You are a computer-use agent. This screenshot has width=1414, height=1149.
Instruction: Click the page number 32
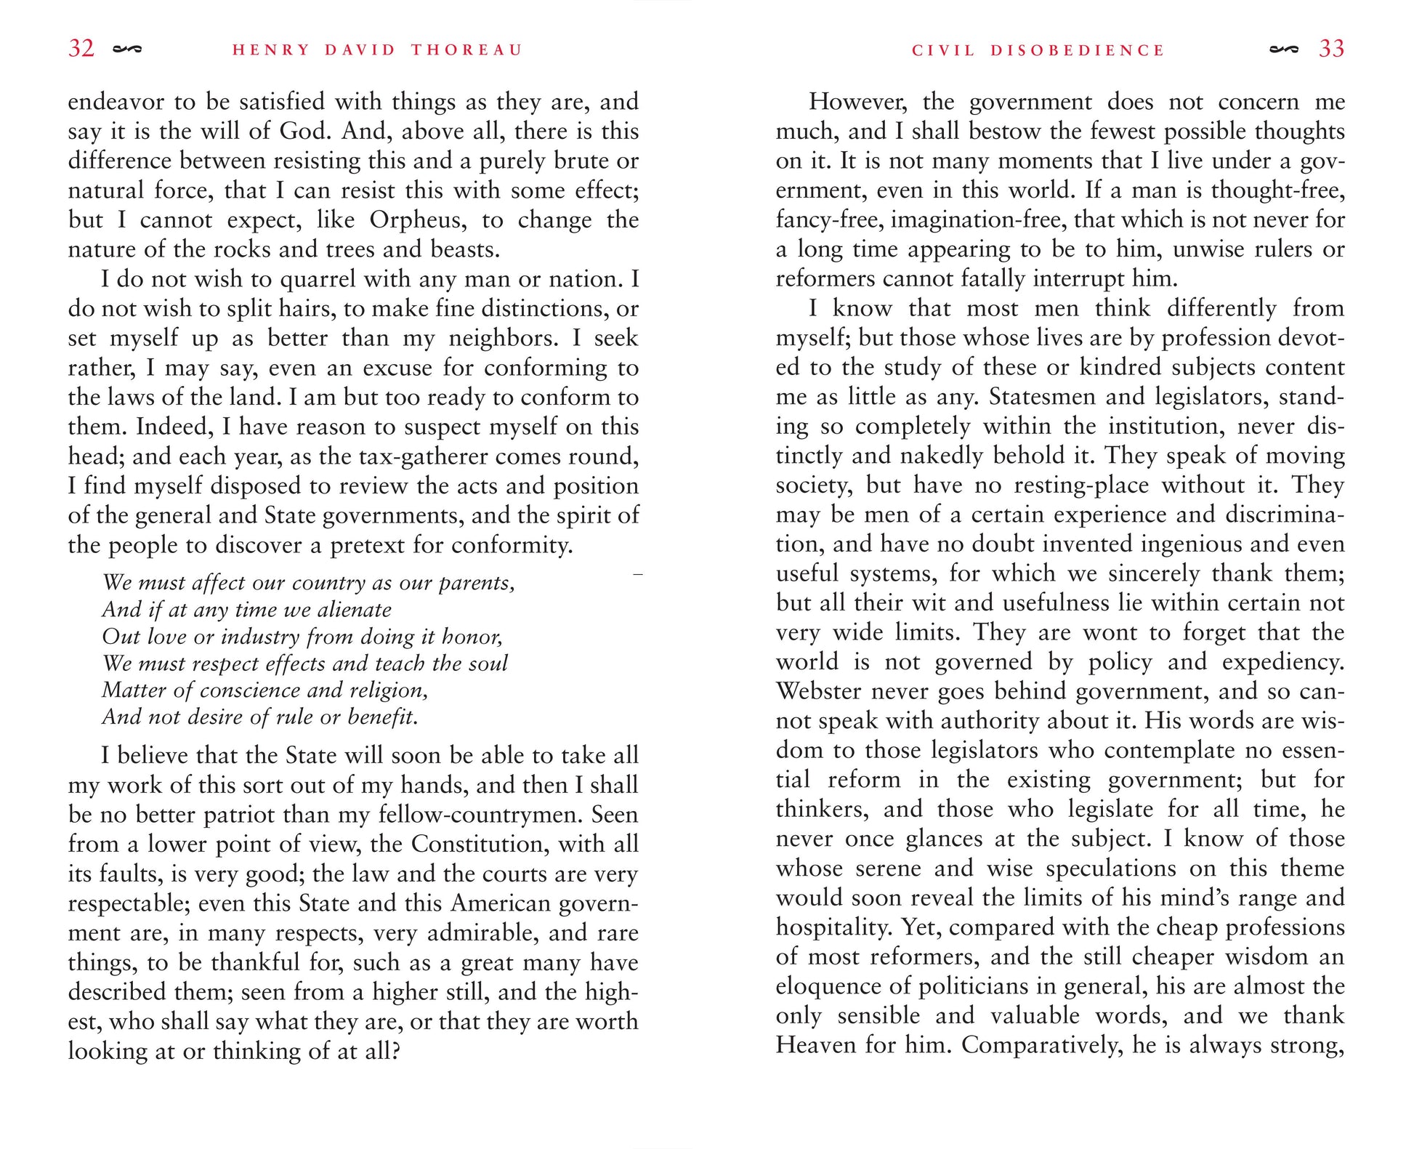pos(81,49)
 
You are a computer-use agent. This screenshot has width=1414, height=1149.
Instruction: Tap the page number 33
pos(1331,49)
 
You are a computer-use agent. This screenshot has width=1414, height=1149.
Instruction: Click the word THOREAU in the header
pos(466,50)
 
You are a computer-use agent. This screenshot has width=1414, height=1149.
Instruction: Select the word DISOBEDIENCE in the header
pos(1078,50)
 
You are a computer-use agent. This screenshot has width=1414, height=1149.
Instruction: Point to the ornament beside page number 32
pos(127,49)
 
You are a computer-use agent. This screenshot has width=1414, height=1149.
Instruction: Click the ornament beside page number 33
pos(1283,49)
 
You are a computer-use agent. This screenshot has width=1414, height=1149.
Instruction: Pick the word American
pos(501,903)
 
